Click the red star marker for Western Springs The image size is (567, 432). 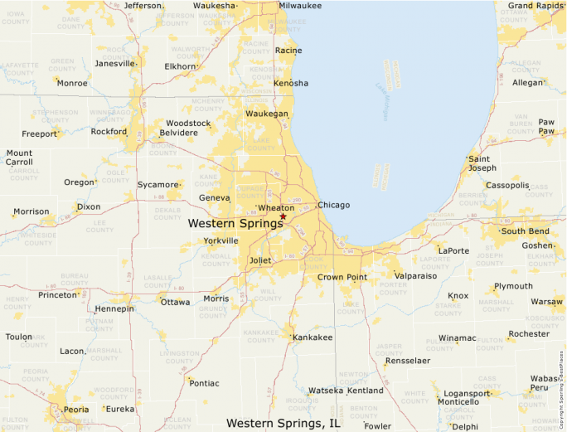283,216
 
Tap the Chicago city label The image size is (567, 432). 334,205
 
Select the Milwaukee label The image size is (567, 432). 300,5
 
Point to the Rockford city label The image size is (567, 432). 109,131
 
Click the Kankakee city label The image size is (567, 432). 313,337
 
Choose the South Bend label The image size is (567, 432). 525,231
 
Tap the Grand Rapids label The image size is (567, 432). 536,5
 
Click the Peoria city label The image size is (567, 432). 76,409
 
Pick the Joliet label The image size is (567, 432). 260,260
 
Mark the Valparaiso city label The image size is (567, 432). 415,275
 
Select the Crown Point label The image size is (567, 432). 342,277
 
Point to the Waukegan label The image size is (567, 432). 267,114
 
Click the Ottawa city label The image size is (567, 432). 175,302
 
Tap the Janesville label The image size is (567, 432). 114,63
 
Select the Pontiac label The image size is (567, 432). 204,383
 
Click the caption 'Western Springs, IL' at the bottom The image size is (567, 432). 283,423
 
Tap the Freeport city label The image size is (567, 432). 40,133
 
